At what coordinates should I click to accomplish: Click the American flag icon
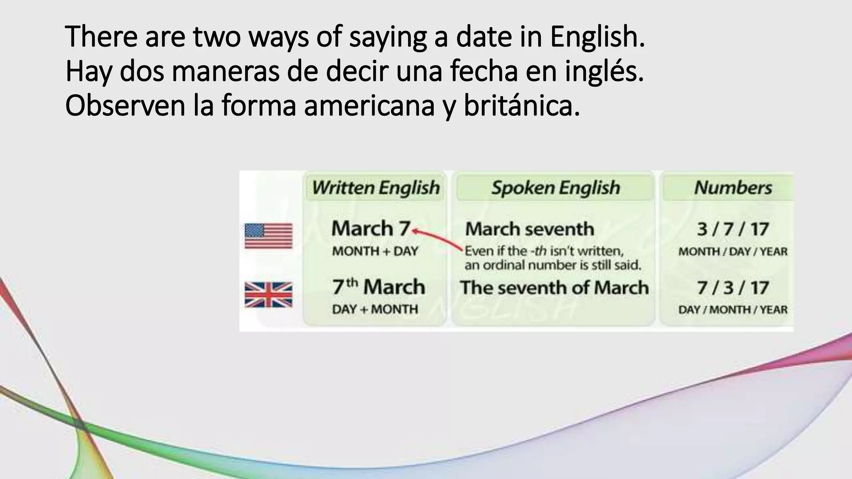pos(268,236)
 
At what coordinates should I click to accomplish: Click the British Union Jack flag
pos(268,295)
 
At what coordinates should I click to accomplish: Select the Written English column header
pos(376,188)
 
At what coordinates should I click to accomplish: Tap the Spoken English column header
pos(555,188)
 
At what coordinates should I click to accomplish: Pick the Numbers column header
pos(733,188)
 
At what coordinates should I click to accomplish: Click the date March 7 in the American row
pos(371,229)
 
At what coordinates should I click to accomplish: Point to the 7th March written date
pos(378,287)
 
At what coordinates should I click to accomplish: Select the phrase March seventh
pos(529,229)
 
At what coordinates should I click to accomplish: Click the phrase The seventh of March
pos(554,288)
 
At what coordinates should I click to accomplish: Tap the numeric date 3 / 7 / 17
pos(733,229)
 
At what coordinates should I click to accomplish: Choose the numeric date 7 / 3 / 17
pos(733,288)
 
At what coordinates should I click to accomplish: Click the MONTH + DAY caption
pos(375,252)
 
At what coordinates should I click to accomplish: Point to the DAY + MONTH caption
pos(375,309)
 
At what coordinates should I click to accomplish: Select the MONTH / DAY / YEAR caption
pos(733,252)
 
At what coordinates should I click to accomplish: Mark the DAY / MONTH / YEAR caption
pos(733,310)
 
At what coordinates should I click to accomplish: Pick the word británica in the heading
pos(522,106)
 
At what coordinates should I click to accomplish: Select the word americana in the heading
pos(369,106)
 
